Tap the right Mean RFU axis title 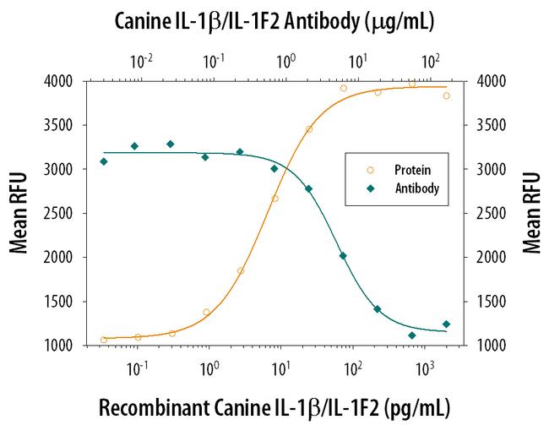point(532,213)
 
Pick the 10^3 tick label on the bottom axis point(426,369)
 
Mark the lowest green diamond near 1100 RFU point(412,335)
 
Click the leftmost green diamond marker point(104,161)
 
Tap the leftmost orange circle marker point(104,340)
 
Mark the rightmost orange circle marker point(446,95)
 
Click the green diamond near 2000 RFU point(343,256)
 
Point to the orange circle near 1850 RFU point(241,270)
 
